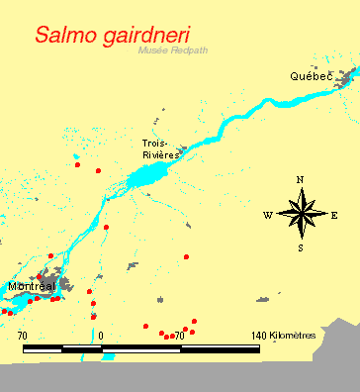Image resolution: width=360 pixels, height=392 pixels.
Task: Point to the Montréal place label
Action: coord(31,286)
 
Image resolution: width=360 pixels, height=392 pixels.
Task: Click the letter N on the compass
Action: coord(300,179)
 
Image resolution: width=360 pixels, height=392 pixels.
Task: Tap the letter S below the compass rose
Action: coord(301,247)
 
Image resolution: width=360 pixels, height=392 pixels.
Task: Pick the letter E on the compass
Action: coord(334,215)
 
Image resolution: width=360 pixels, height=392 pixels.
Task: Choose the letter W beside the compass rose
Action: coord(267,215)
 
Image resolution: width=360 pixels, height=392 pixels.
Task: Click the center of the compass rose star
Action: coord(301,214)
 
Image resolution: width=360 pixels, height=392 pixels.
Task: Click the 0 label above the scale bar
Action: coord(102,336)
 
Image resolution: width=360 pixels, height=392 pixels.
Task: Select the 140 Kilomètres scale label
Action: coord(283,336)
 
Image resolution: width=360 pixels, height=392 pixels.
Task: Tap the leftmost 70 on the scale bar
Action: coord(22,336)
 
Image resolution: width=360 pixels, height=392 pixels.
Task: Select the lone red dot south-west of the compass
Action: coord(186,256)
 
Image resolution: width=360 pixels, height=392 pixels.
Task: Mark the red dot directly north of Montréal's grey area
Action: coord(50,255)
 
